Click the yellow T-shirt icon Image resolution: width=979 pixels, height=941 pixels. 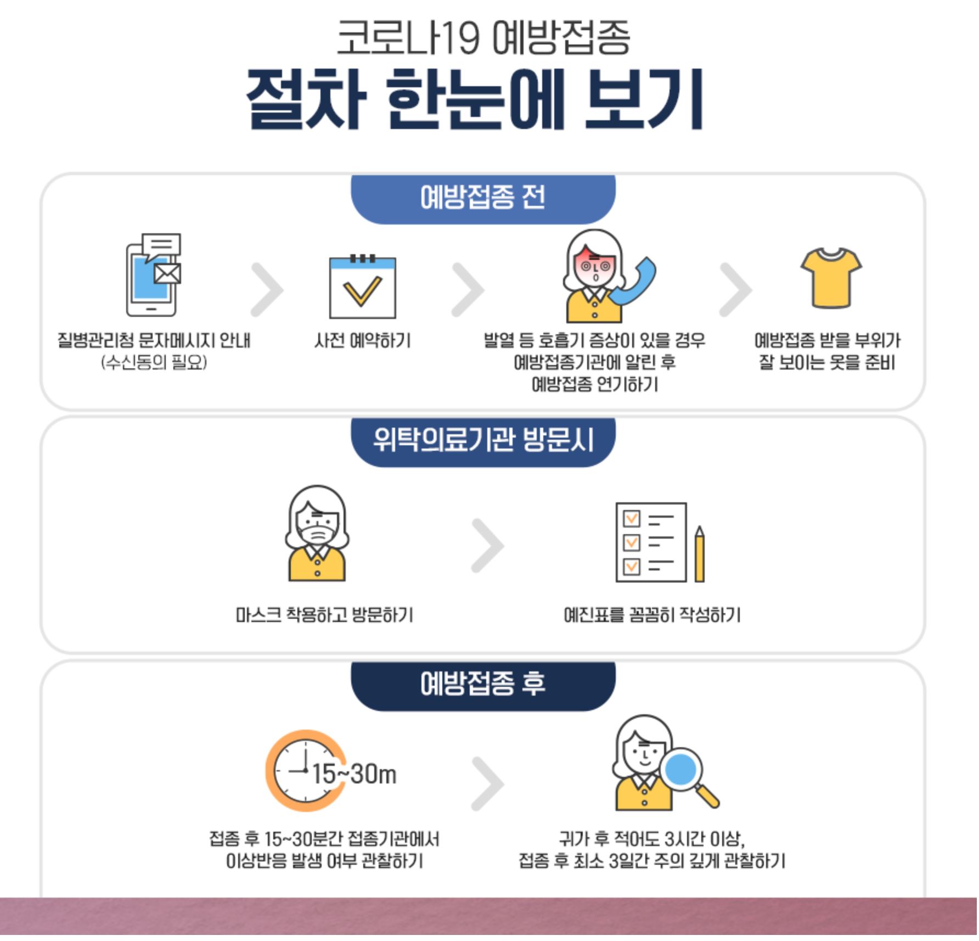point(830,278)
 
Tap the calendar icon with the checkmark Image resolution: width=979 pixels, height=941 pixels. point(362,287)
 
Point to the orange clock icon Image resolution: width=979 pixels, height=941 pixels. point(303,770)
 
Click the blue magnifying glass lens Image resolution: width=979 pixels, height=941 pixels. point(680,769)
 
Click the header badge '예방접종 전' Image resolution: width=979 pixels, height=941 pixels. point(483,198)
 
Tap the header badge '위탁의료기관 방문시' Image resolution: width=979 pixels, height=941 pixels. point(483,440)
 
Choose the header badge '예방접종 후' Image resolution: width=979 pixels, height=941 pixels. point(483,684)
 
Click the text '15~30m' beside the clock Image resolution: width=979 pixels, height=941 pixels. point(355,774)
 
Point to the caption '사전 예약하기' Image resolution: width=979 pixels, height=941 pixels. point(362,340)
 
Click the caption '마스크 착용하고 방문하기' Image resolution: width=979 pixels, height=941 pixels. point(324,615)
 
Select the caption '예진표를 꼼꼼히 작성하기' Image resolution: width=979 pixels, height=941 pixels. point(652,615)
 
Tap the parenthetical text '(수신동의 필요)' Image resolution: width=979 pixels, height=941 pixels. point(154,362)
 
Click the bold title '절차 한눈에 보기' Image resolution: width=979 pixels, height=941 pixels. point(475,100)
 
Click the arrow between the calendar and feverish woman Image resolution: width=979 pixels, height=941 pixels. point(468,290)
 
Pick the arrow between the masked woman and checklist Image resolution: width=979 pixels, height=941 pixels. point(487,545)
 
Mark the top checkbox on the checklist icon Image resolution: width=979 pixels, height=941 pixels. point(632,519)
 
